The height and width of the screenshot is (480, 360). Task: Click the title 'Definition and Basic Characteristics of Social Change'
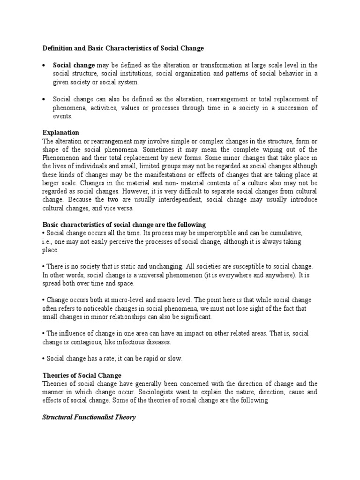coord(123,48)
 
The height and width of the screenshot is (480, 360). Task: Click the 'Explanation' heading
coord(60,133)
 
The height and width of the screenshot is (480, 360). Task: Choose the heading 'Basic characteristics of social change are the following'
coord(124,225)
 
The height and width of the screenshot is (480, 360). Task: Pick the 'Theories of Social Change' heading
coord(82,375)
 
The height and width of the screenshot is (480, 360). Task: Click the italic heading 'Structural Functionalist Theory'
coord(89,417)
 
